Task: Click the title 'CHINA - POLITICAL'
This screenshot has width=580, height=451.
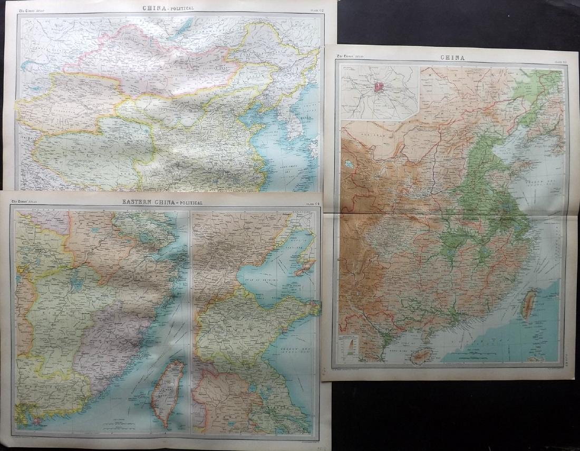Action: (x=168, y=8)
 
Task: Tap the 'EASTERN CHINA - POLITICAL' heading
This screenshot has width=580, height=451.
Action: (x=162, y=202)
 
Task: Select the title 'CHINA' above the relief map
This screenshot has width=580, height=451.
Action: (x=452, y=57)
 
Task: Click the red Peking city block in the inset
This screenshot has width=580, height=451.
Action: (x=379, y=86)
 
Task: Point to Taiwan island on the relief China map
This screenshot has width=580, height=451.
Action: (x=528, y=304)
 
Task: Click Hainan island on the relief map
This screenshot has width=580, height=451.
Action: (x=420, y=357)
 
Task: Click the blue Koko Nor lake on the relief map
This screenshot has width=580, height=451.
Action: (x=349, y=164)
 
